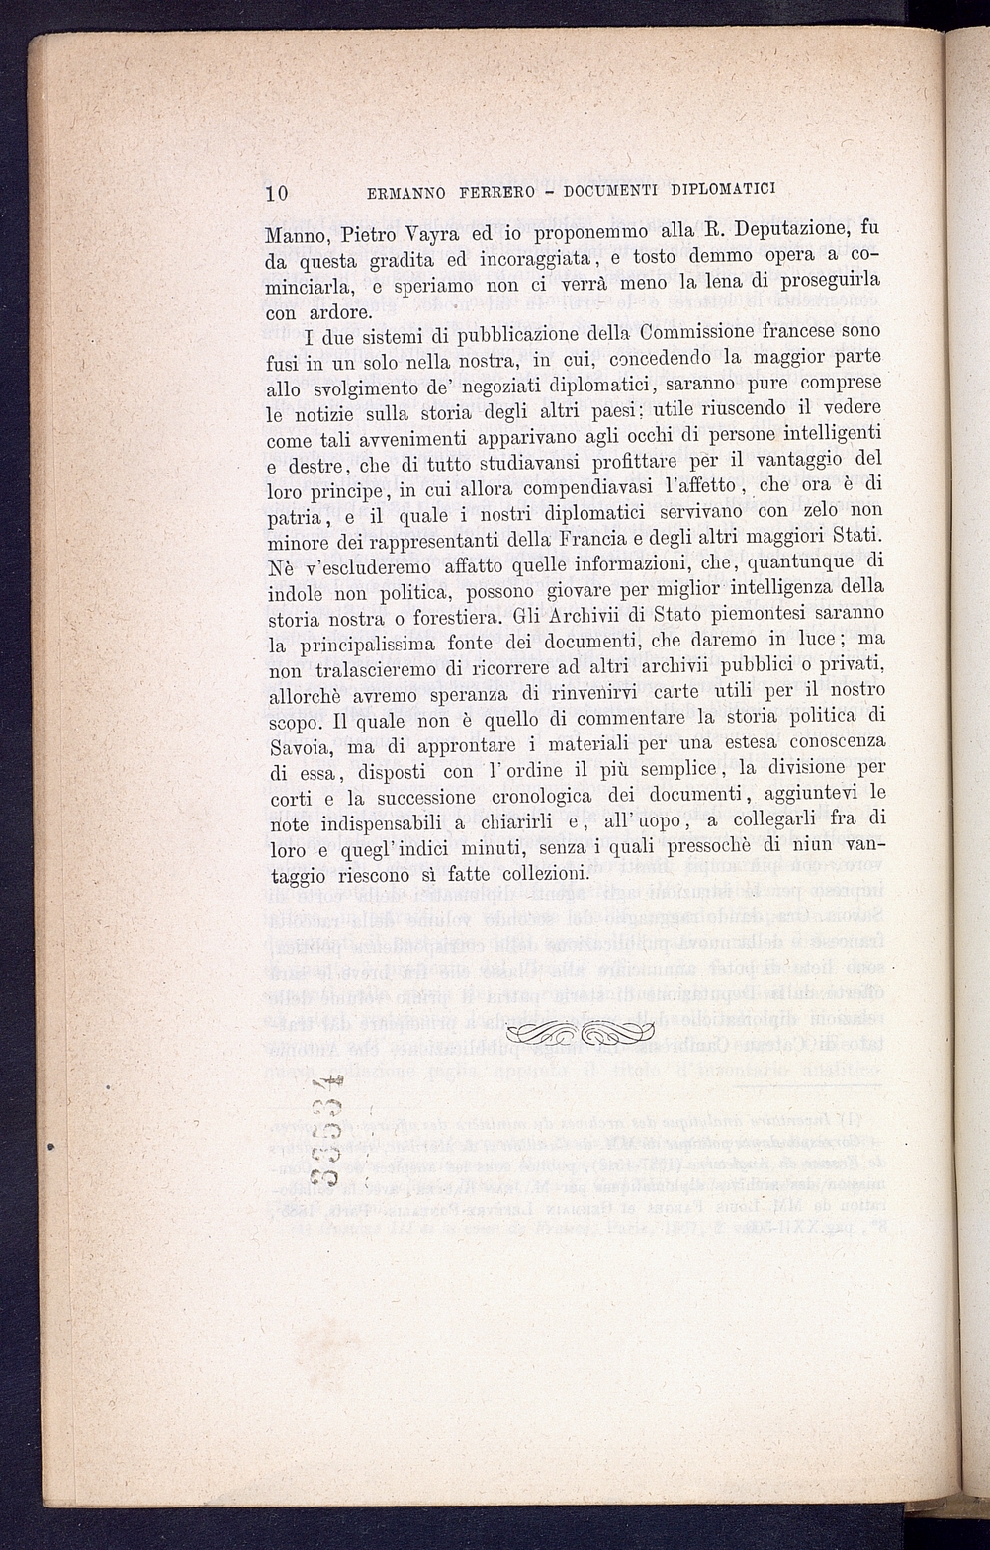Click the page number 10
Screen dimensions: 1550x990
276,193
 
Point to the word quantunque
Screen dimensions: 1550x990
791,564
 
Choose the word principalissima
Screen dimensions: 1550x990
382,645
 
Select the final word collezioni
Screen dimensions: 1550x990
545,874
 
